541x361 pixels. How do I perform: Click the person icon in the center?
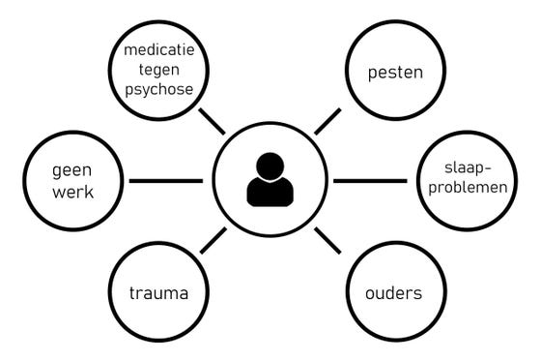coord(270,180)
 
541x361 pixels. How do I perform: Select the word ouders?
coord(393,291)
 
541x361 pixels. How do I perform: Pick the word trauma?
coord(158,291)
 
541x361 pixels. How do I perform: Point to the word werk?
coord(71,192)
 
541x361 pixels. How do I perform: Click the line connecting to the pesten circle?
coord(327,121)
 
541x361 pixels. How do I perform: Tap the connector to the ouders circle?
coord(327,240)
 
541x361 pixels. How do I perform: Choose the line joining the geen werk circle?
coord(165,181)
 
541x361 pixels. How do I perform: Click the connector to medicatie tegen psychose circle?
coord(212,121)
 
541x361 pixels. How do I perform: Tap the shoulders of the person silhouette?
coord(270,193)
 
